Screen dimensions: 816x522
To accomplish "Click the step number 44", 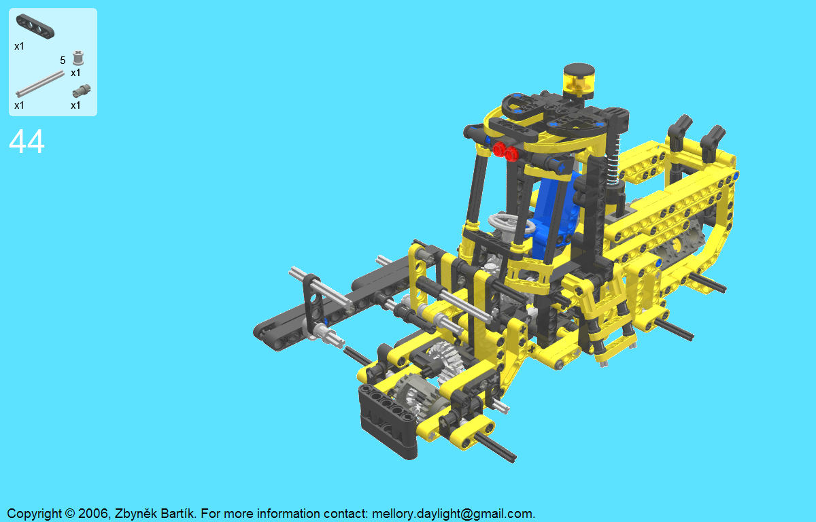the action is [x=27, y=141].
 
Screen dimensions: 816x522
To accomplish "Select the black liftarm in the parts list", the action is [x=35, y=27].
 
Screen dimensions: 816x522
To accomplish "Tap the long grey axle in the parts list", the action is [x=40, y=84].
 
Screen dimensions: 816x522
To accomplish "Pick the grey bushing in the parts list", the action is [x=78, y=58].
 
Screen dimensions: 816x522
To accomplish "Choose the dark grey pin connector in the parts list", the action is [x=81, y=90].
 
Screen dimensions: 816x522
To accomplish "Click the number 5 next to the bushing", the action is [x=63, y=60].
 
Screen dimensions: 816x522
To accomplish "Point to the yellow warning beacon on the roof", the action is [x=579, y=81].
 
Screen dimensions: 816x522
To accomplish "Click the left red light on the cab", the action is [x=499, y=149].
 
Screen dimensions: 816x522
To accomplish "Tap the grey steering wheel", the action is [x=511, y=223].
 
